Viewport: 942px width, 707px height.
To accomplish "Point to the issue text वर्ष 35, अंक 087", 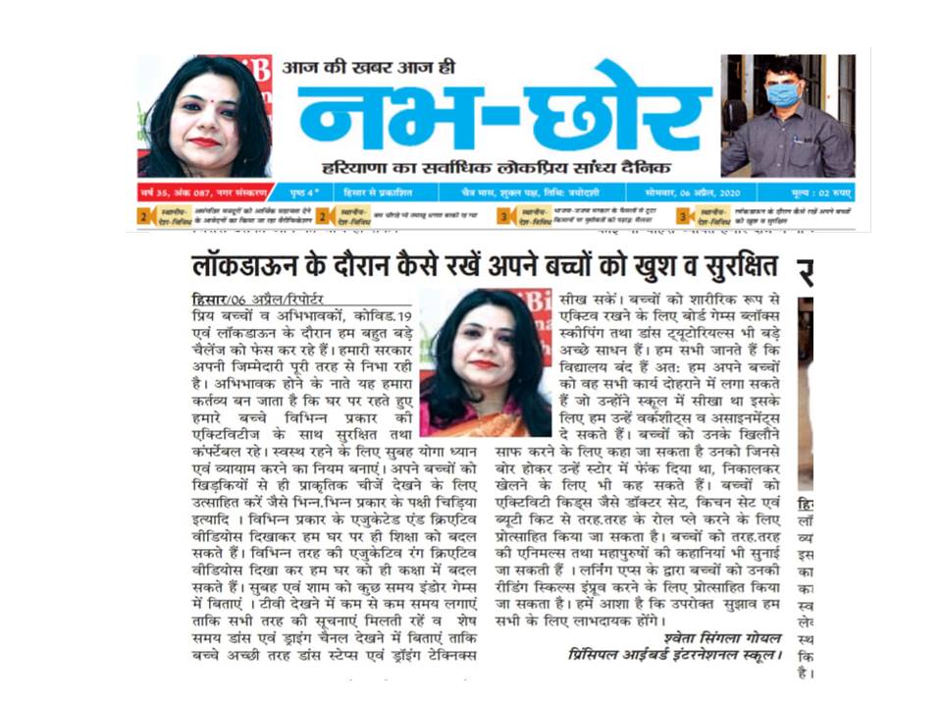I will coord(195,191).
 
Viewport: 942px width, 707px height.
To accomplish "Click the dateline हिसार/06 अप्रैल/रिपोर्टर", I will coord(257,299).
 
